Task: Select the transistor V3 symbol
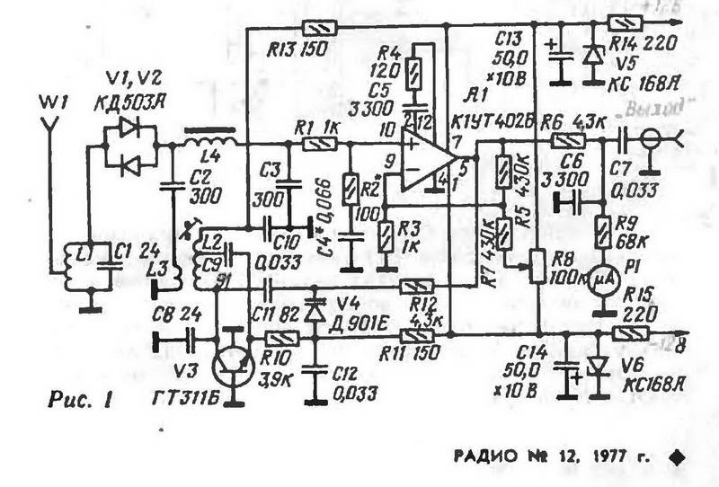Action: (235, 364)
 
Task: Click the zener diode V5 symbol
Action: (590, 56)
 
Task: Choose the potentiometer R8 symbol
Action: (537, 267)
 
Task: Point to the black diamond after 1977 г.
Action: (679, 456)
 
